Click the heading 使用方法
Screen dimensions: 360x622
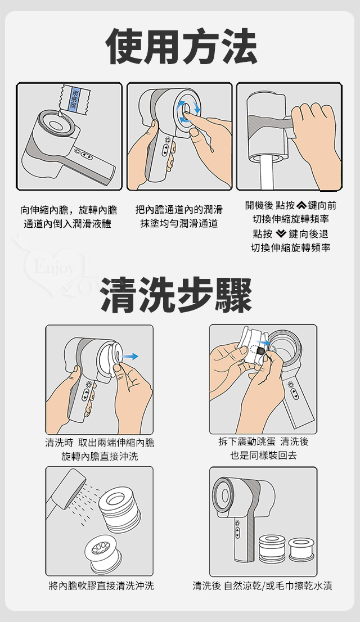(x=181, y=47)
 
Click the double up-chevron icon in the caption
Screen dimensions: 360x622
(x=301, y=205)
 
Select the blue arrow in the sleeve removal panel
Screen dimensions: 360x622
(x=130, y=356)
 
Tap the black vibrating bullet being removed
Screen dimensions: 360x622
(x=261, y=351)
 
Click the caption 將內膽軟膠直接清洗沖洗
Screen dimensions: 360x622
(x=101, y=585)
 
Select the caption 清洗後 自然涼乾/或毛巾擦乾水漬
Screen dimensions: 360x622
(x=262, y=585)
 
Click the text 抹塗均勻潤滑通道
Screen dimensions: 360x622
(x=179, y=224)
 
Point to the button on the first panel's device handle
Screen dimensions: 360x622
(x=87, y=156)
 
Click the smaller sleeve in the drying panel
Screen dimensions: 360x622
(x=301, y=549)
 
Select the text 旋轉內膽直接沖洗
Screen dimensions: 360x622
(x=100, y=456)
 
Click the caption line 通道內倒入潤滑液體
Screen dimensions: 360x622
(x=67, y=224)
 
